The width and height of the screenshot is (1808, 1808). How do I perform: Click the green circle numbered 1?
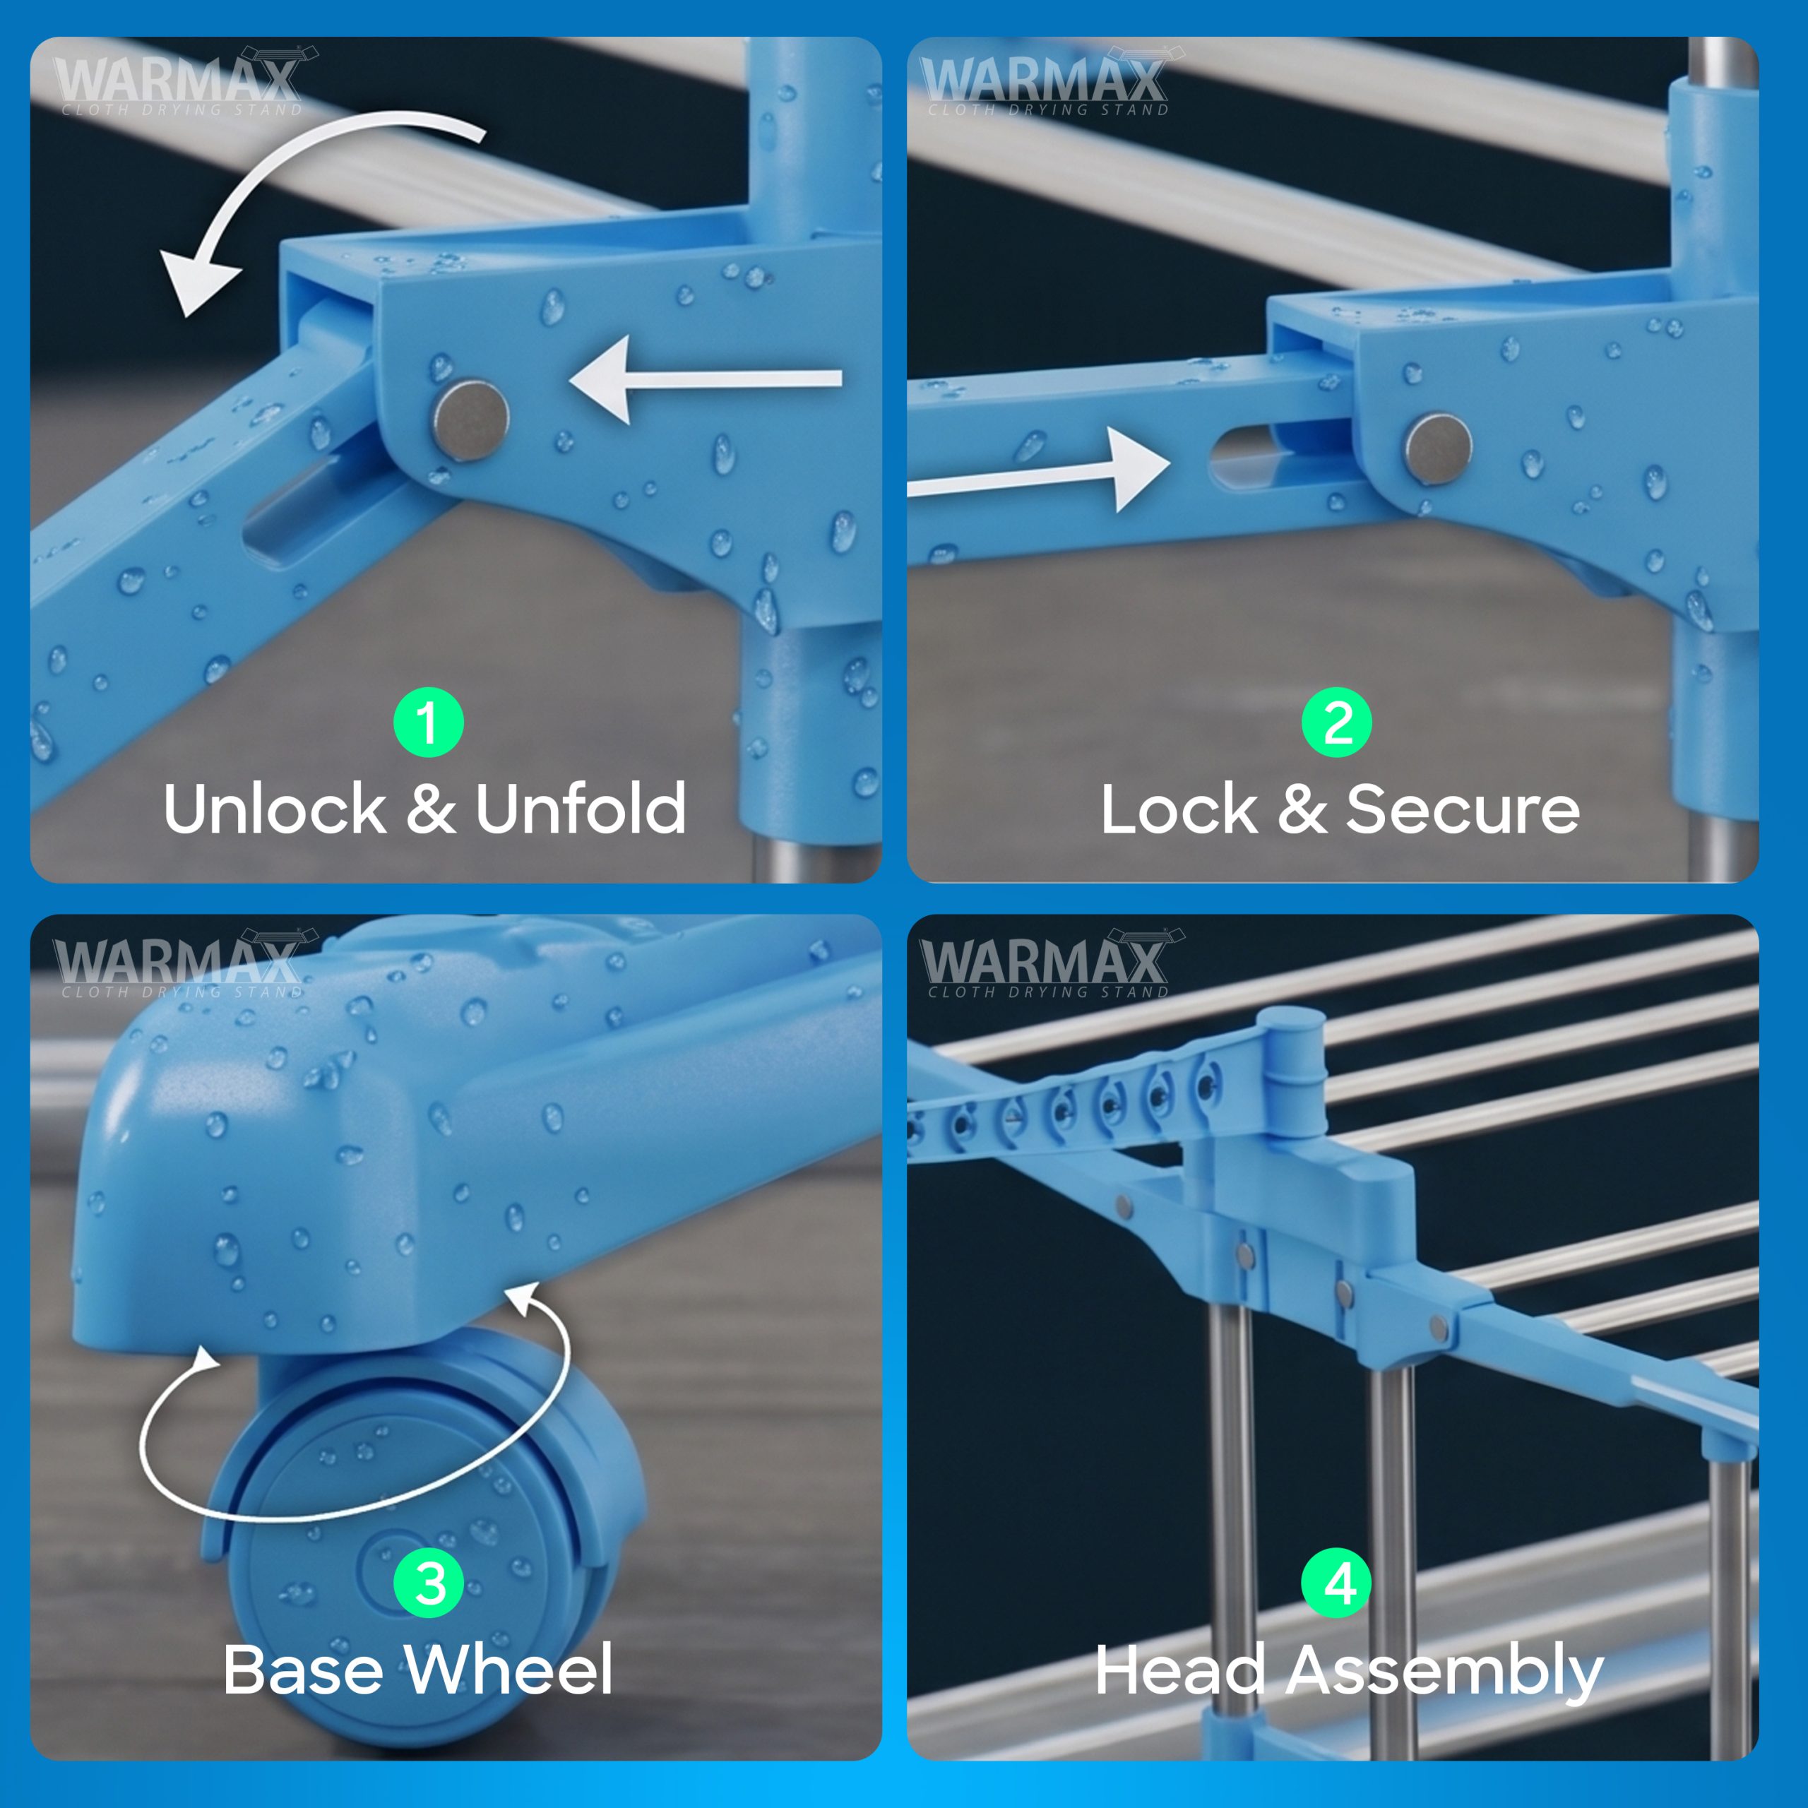pyautogui.click(x=429, y=722)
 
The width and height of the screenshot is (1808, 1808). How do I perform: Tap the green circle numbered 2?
pyautogui.click(x=1337, y=722)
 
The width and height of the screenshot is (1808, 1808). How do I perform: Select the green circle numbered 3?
pyautogui.click(x=429, y=1583)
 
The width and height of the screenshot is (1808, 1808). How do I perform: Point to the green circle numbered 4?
pyautogui.click(x=1337, y=1583)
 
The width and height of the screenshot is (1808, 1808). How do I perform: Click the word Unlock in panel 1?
pyautogui.click(x=274, y=809)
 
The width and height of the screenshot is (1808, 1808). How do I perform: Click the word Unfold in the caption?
pyautogui.click(x=581, y=809)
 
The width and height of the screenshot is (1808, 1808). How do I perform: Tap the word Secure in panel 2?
pyautogui.click(x=1463, y=809)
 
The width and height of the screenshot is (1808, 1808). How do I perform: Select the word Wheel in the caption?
pyautogui.click(x=509, y=1670)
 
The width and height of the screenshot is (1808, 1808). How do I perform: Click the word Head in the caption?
pyautogui.click(x=1180, y=1670)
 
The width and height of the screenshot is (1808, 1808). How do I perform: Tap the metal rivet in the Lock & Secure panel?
pyautogui.click(x=1439, y=449)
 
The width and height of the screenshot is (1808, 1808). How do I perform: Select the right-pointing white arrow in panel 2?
pyautogui.click(x=1039, y=471)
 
